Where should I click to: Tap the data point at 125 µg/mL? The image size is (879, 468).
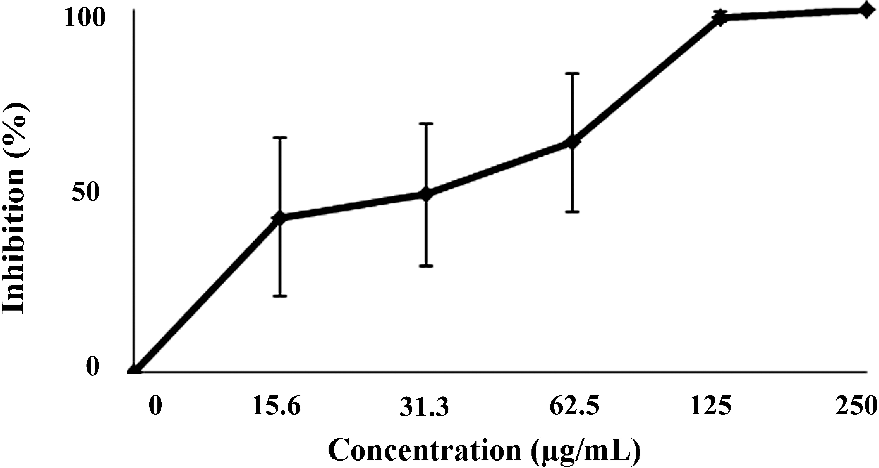pyautogui.click(x=720, y=18)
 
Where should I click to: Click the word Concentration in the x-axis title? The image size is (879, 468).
pyautogui.click(x=425, y=452)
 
